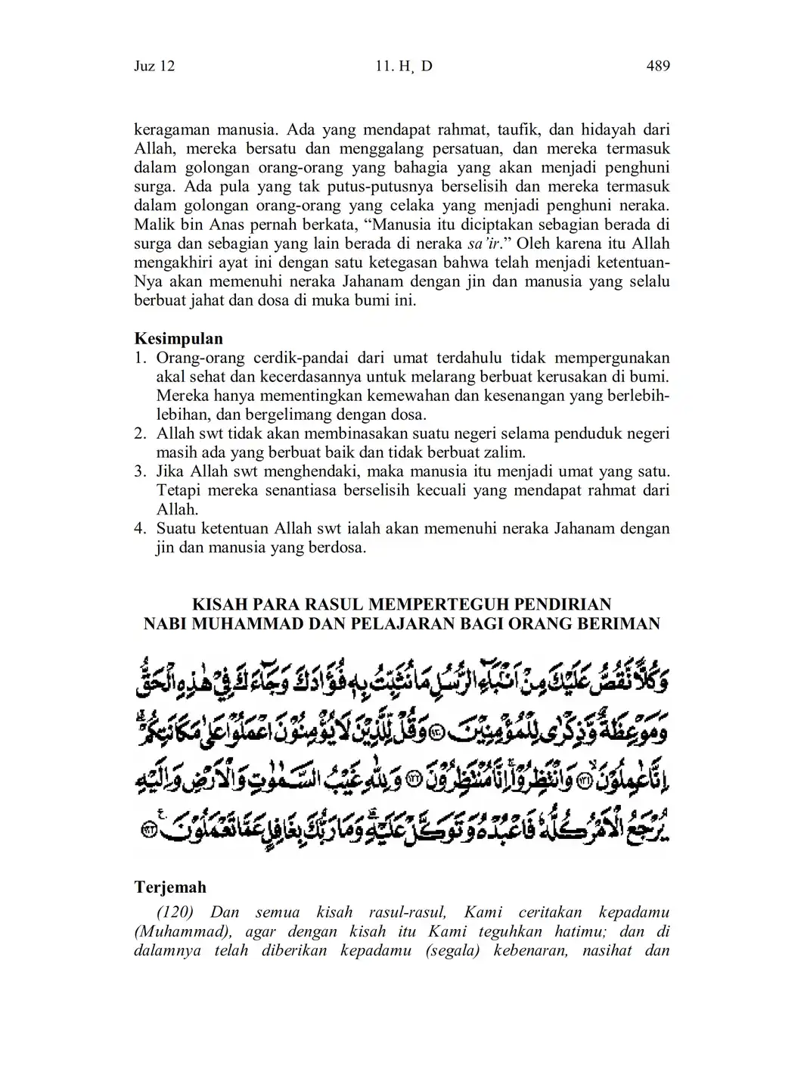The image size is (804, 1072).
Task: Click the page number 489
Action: point(658,67)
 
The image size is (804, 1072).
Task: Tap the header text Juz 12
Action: point(154,67)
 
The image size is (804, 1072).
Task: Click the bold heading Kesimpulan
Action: point(178,338)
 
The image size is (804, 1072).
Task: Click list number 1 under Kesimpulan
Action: point(140,358)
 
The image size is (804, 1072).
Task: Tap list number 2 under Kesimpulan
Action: point(140,434)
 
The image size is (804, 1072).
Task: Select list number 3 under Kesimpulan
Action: point(140,472)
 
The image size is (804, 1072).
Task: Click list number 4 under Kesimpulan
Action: point(140,529)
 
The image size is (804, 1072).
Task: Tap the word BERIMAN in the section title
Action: point(623,624)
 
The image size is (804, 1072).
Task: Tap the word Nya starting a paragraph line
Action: point(147,281)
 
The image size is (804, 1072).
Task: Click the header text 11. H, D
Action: point(403,67)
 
